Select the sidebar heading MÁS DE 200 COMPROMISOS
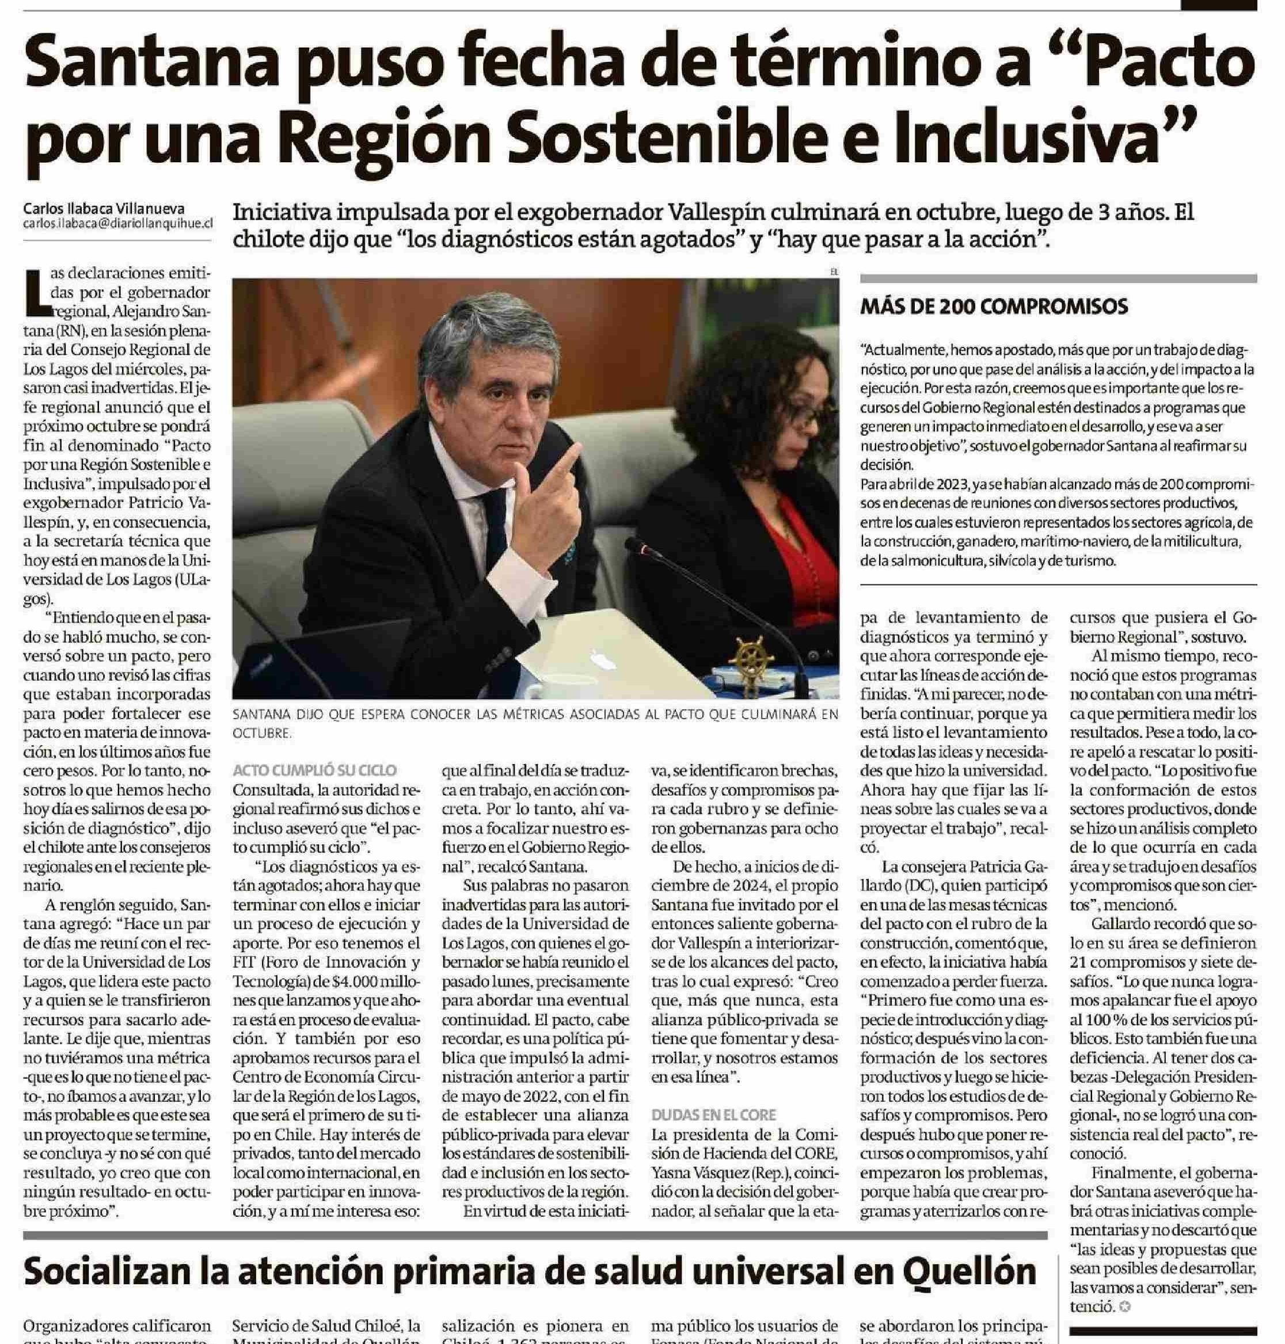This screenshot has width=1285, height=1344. pos(994,307)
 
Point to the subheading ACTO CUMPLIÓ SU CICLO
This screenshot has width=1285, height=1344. pos(314,770)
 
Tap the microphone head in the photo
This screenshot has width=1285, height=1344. pos(636,547)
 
